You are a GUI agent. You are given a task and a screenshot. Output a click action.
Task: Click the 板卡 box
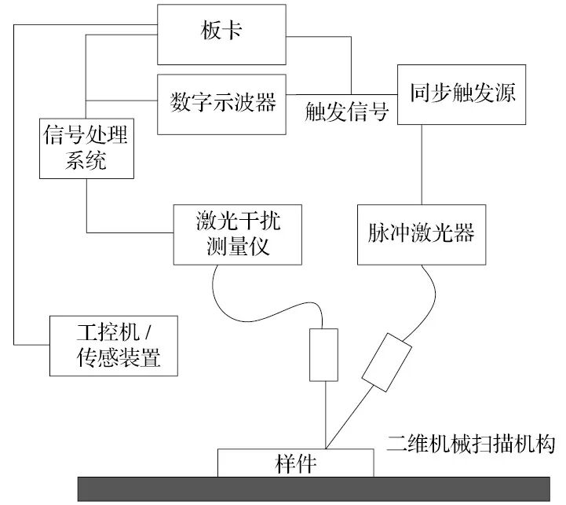coord(225,35)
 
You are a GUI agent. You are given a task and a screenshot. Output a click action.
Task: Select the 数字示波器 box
coord(224,103)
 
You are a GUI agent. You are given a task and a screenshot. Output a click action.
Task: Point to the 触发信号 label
coord(347,113)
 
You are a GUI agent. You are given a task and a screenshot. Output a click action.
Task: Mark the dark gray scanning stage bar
coord(314,488)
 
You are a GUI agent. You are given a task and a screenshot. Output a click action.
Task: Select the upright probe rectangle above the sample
coord(323,353)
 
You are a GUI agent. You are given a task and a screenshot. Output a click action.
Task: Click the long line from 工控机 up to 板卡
coord(15,196)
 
